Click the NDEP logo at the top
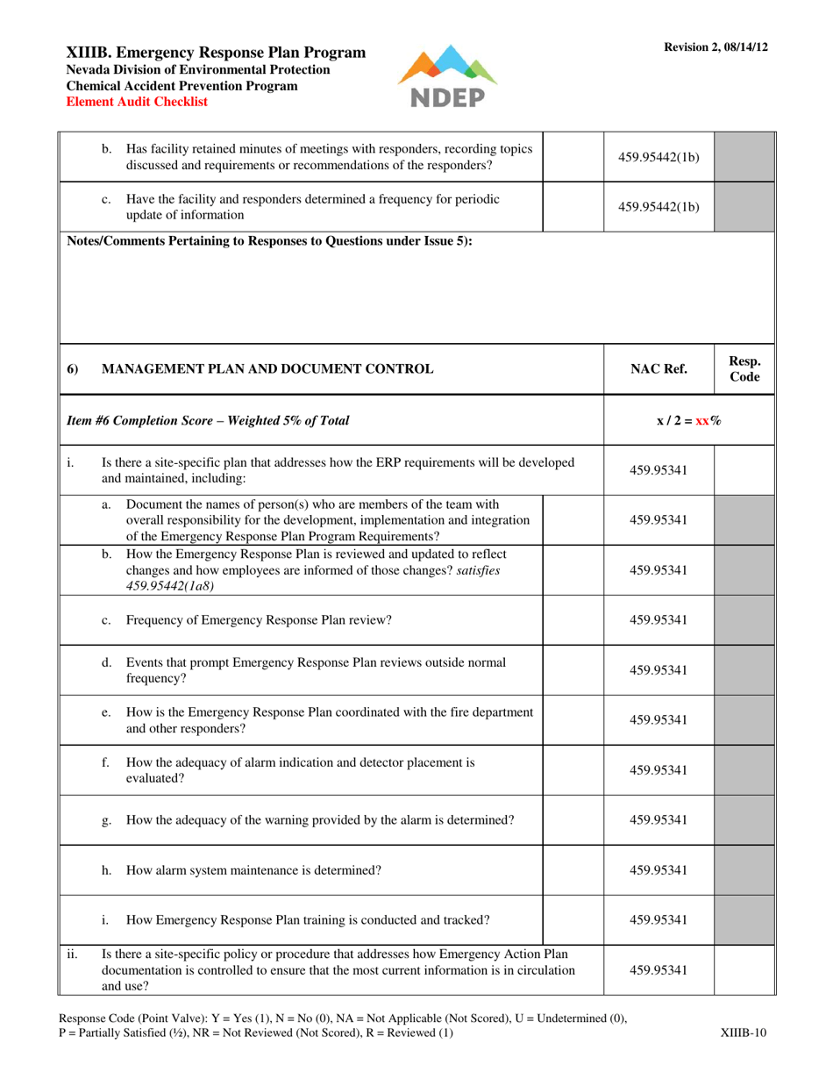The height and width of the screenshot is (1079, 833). [447, 76]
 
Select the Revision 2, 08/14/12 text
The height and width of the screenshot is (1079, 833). [716, 46]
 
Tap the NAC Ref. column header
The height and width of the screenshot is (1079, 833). [659, 369]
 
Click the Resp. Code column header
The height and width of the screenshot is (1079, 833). [744, 369]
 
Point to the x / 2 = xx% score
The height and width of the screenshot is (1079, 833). [689, 420]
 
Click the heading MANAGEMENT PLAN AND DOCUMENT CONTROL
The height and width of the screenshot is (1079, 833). [267, 369]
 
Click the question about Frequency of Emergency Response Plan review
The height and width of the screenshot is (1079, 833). [259, 620]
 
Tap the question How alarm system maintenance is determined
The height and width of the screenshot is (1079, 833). [253, 870]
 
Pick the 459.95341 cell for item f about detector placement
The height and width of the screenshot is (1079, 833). [659, 770]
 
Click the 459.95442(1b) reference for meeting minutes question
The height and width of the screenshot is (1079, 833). [659, 158]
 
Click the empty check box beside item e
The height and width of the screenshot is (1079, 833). [573, 720]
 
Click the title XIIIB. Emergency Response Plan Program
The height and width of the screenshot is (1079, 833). [217, 53]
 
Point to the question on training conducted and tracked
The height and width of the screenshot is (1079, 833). [308, 920]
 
